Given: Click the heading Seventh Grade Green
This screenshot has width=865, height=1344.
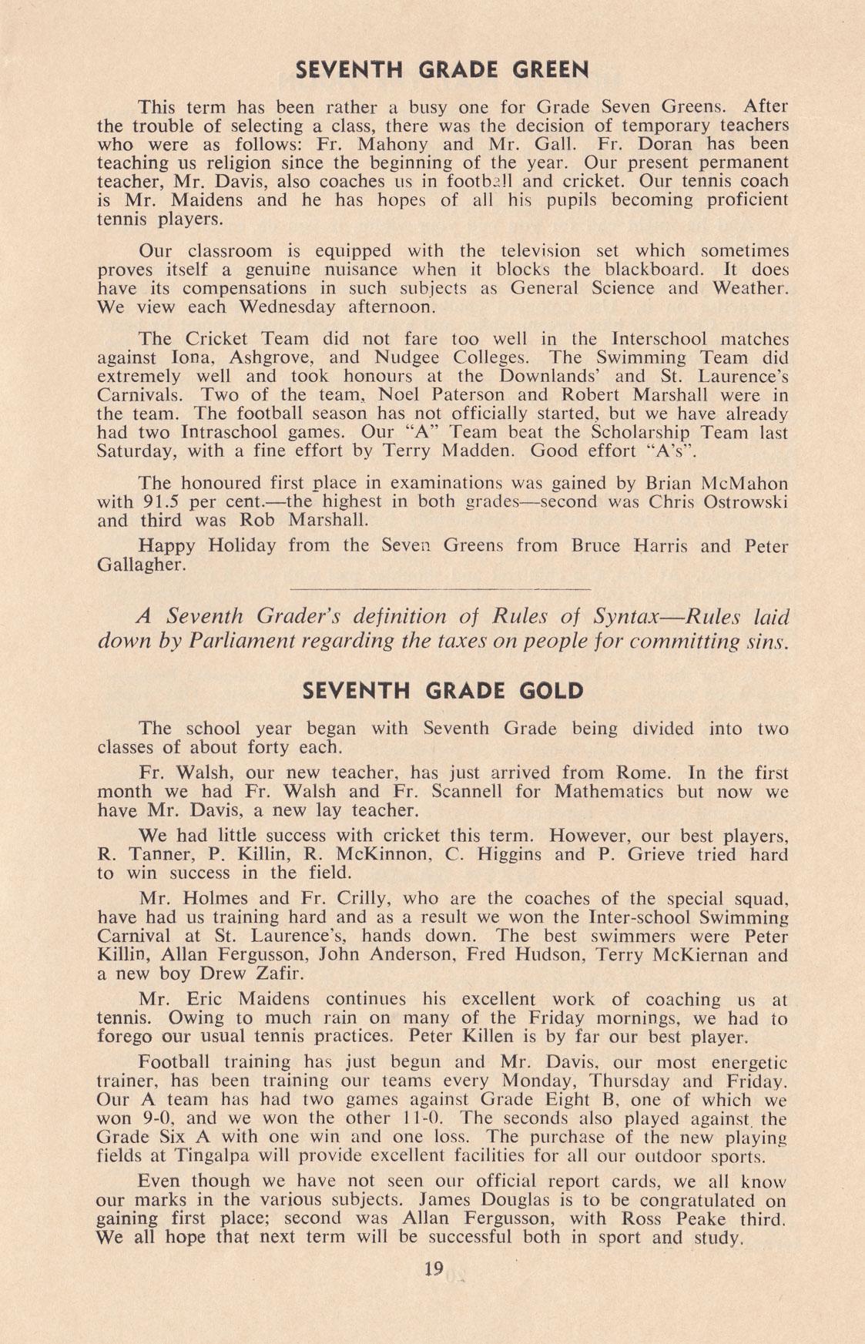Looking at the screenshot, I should coord(442,70).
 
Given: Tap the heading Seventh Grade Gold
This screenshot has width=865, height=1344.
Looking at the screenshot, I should coord(442,690).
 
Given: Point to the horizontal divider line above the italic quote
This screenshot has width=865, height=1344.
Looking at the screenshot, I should coord(442,589).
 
